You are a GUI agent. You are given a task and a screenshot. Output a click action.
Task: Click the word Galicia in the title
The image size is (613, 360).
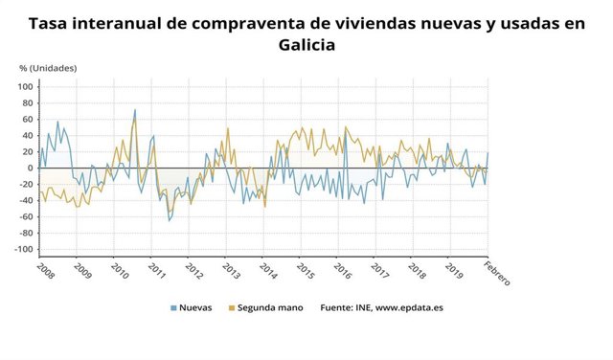(x=306, y=45)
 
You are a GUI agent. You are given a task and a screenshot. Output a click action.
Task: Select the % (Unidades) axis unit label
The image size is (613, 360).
(x=48, y=68)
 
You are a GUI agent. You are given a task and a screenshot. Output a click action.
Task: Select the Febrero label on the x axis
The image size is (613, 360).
(x=496, y=273)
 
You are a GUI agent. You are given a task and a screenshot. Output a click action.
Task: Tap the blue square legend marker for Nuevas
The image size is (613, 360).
(x=173, y=308)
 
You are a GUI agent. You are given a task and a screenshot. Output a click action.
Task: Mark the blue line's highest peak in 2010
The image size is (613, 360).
(x=134, y=109)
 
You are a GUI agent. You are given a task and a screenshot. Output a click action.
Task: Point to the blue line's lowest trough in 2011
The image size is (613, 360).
(x=170, y=221)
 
